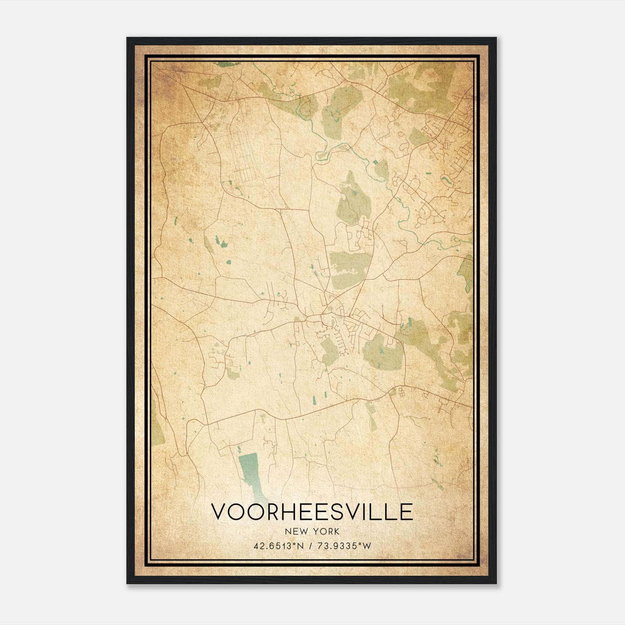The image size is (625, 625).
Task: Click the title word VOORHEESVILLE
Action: point(312,512)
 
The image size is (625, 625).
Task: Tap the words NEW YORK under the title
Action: point(312,531)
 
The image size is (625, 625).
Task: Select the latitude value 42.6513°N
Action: point(279,546)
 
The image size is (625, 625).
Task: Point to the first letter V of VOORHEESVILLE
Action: point(219,512)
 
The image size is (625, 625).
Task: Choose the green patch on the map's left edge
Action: point(157,422)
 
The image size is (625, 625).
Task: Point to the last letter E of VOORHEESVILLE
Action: point(406,512)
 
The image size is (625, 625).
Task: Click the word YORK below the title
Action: point(323,531)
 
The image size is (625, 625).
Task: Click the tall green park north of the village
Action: point(352,199)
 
